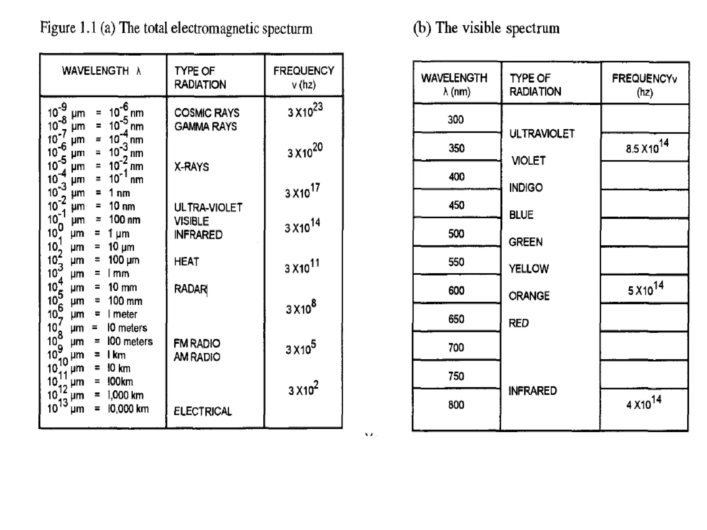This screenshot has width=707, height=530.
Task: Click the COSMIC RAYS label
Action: (206, 113)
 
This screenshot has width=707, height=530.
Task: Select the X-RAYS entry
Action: (191, 167)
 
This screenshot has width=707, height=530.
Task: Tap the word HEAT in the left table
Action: (186, 262)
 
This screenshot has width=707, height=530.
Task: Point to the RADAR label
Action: (190, 289)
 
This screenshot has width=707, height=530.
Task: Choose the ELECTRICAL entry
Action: (203, 411)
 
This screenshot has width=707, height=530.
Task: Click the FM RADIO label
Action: (197, 343)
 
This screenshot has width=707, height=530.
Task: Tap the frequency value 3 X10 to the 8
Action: (301, 308)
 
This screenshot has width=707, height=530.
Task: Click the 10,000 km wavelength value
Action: (128, 409)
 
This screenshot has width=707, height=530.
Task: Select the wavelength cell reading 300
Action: (456, 120)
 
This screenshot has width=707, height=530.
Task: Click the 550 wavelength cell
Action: (456, 262)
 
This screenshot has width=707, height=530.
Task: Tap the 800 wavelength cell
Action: (456, 405)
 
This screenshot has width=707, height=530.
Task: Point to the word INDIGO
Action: (526, 188)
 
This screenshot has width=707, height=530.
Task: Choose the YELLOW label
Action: (529, 269)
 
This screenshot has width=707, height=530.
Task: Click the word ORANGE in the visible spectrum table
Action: (529, 296)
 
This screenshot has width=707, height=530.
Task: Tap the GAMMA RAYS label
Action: (205, 127)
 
